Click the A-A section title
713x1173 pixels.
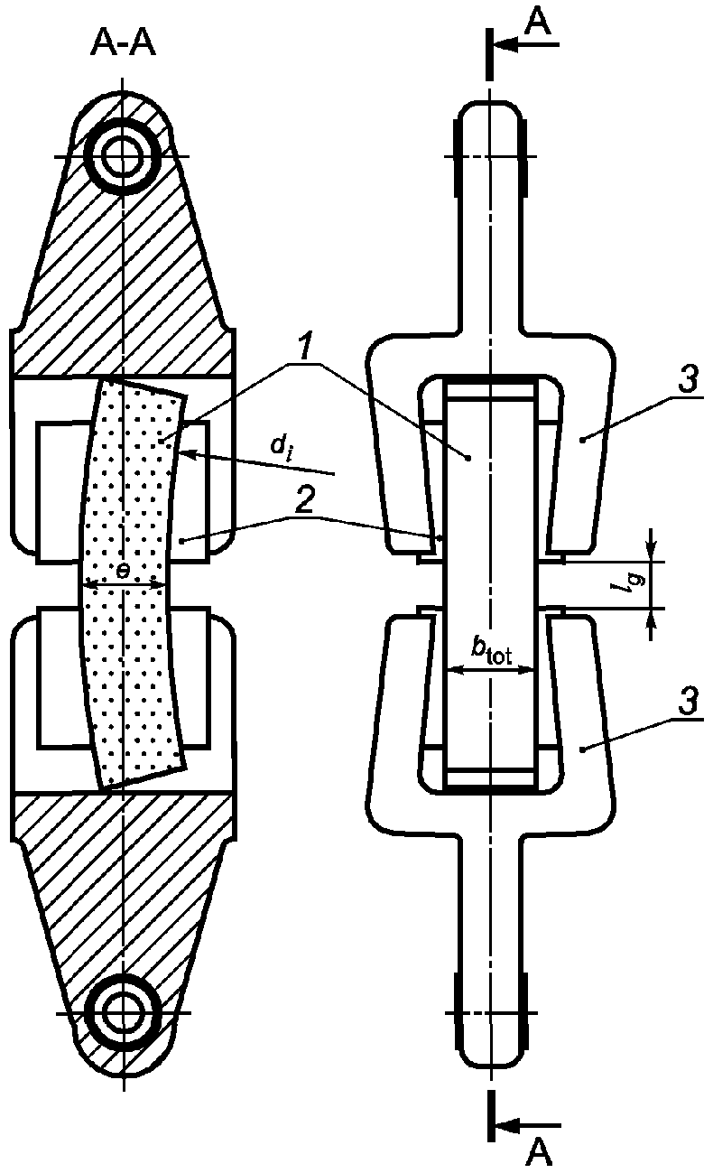click(124, 44)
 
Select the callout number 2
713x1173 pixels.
click(304, 500)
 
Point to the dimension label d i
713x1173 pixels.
click(281, 446)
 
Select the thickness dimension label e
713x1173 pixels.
click(123, 572)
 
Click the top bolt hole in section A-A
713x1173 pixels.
click(123, 156)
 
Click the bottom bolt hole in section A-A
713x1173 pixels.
click(123, 1013)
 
